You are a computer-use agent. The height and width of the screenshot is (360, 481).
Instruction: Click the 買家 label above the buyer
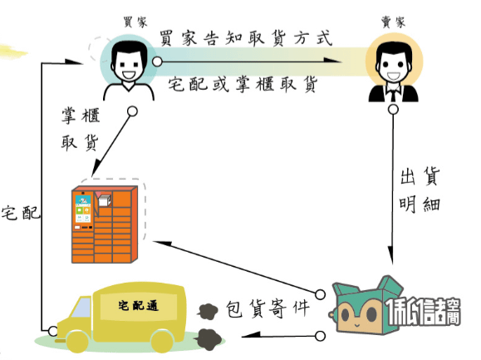(135, 22)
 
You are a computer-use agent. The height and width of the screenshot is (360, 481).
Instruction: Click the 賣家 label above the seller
(393, 22)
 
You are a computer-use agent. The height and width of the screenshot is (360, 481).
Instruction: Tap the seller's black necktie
(393, 94)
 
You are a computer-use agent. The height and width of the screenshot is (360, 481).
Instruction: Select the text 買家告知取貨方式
(246, 38)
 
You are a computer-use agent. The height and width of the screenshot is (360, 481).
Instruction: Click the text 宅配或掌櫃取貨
(243, 84)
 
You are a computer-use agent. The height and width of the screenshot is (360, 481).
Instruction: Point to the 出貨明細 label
(420, 190)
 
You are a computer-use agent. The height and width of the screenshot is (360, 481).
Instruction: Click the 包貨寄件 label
(267, 308)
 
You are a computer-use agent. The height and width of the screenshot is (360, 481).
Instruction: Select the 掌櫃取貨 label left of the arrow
(81, 129)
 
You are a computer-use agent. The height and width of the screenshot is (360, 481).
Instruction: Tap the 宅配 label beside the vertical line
(21, 213)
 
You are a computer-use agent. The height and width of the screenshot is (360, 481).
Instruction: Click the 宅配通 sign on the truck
(139, 305)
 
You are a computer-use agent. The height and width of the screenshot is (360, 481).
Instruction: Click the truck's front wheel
(77, 342)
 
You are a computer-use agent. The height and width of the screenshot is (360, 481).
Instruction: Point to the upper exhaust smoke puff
(208, 312)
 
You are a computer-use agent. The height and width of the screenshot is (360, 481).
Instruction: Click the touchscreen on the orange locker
(83, 208)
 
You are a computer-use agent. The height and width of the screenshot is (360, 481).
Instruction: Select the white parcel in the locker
(105, 200)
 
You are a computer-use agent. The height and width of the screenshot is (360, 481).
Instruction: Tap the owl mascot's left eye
(345, 314)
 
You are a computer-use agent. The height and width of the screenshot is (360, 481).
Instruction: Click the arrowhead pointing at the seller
(333, 60)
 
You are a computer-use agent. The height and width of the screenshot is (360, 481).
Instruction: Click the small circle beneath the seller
(393, 110)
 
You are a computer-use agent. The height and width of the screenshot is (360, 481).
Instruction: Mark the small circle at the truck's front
(53, 331)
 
